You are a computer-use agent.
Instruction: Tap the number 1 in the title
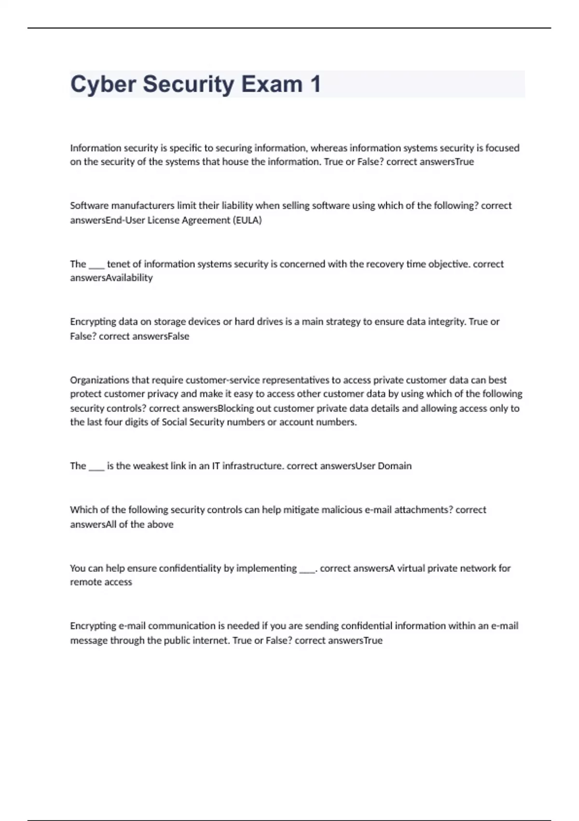tap(315, 85)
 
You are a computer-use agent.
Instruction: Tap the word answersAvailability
tap(111, 278)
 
